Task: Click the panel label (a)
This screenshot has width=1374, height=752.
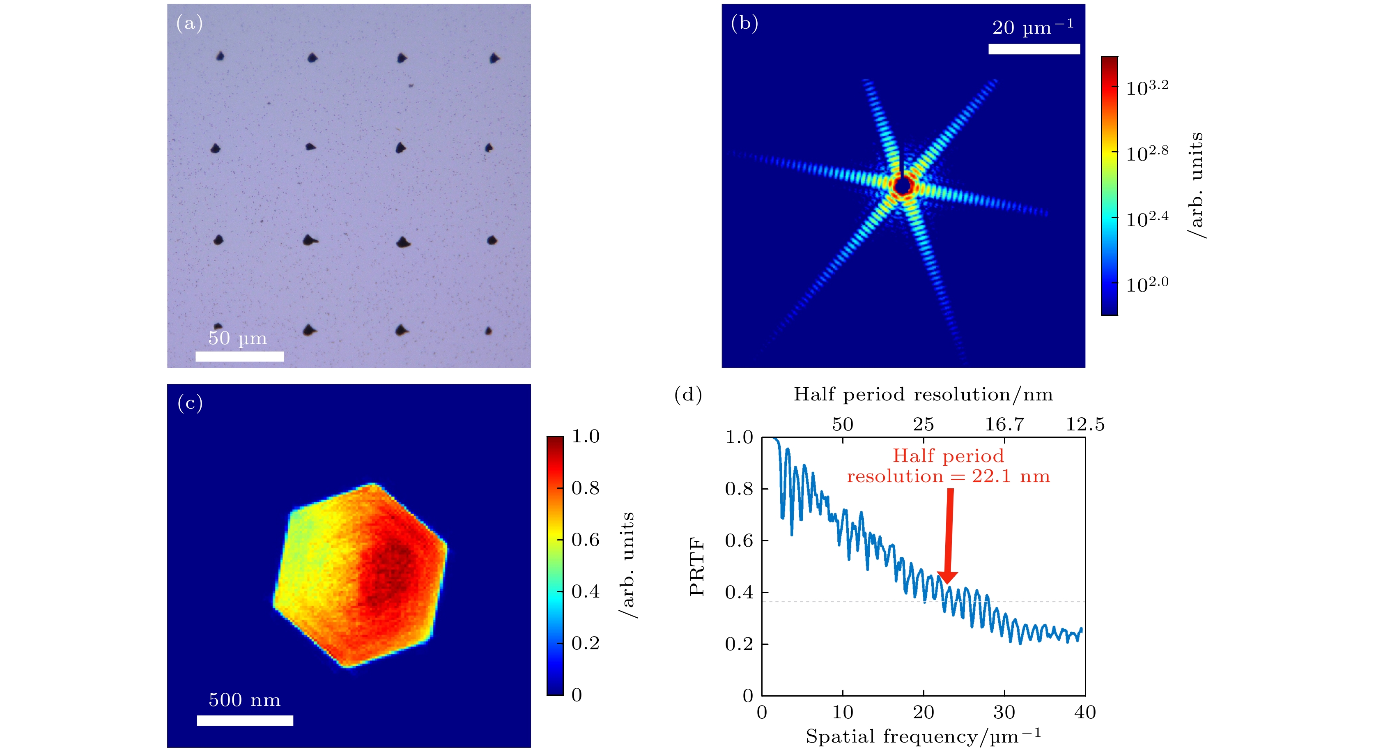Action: click(x=189, y=23)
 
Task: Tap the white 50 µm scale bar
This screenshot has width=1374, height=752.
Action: click(x=239, y=356)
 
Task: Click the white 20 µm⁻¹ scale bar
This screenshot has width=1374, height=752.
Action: click(x=1034, y=49)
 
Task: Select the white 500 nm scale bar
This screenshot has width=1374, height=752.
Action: click(x=245, y=720)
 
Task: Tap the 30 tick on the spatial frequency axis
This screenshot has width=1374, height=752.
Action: click(x=1004, y=713)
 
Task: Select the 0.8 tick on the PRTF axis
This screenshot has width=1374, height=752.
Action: click(x=739, y=489)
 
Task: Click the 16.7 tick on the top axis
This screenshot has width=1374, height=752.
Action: click(x=1004, y=425)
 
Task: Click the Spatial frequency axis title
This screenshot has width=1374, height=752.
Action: click(x=923, y=736)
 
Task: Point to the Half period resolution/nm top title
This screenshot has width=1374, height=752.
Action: click(x=923, y=395)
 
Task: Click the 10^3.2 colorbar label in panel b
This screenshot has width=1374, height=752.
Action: click(x=1147, y=87)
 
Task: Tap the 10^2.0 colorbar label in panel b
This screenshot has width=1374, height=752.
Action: click(x=1147, y=284)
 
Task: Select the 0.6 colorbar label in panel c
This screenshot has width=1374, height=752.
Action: click(x=585, y=540)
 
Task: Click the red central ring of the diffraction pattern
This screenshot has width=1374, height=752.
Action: click(x=903, y=186)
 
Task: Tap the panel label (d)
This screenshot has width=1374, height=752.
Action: click(x=688, y=395)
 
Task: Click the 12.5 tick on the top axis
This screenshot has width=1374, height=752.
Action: click(x=1085, y=425)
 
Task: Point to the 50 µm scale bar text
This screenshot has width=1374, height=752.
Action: click(x=237, y=338)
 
